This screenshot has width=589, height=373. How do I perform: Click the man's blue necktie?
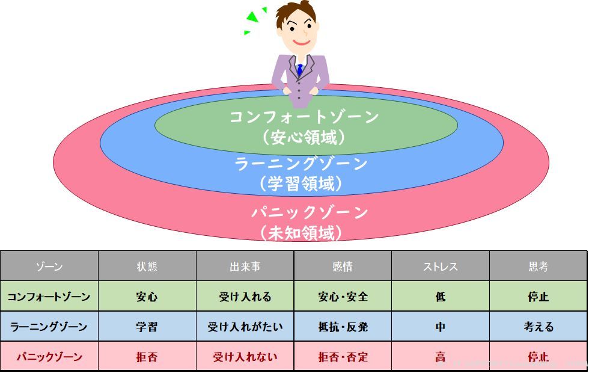299,70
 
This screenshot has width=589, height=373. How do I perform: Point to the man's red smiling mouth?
301,42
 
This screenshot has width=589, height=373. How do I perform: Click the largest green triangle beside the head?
252,17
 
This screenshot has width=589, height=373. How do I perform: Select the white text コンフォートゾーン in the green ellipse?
304,117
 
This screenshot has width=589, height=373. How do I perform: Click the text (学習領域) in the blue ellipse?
301,184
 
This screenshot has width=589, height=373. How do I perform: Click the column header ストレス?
440,267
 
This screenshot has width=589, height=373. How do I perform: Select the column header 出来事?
245,267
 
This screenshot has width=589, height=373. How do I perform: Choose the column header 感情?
343,267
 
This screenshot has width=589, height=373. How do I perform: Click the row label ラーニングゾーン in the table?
49,326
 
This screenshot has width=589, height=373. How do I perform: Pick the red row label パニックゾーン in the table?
49,356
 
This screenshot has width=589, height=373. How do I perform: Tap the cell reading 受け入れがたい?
245,326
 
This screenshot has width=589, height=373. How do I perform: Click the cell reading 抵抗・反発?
343,326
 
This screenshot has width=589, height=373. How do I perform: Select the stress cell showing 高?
440,356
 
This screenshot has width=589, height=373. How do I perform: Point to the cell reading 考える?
539,326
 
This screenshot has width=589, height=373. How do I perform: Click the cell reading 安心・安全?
343,297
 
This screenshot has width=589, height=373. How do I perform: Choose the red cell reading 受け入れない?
245,356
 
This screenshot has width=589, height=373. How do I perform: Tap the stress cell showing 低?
440,297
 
